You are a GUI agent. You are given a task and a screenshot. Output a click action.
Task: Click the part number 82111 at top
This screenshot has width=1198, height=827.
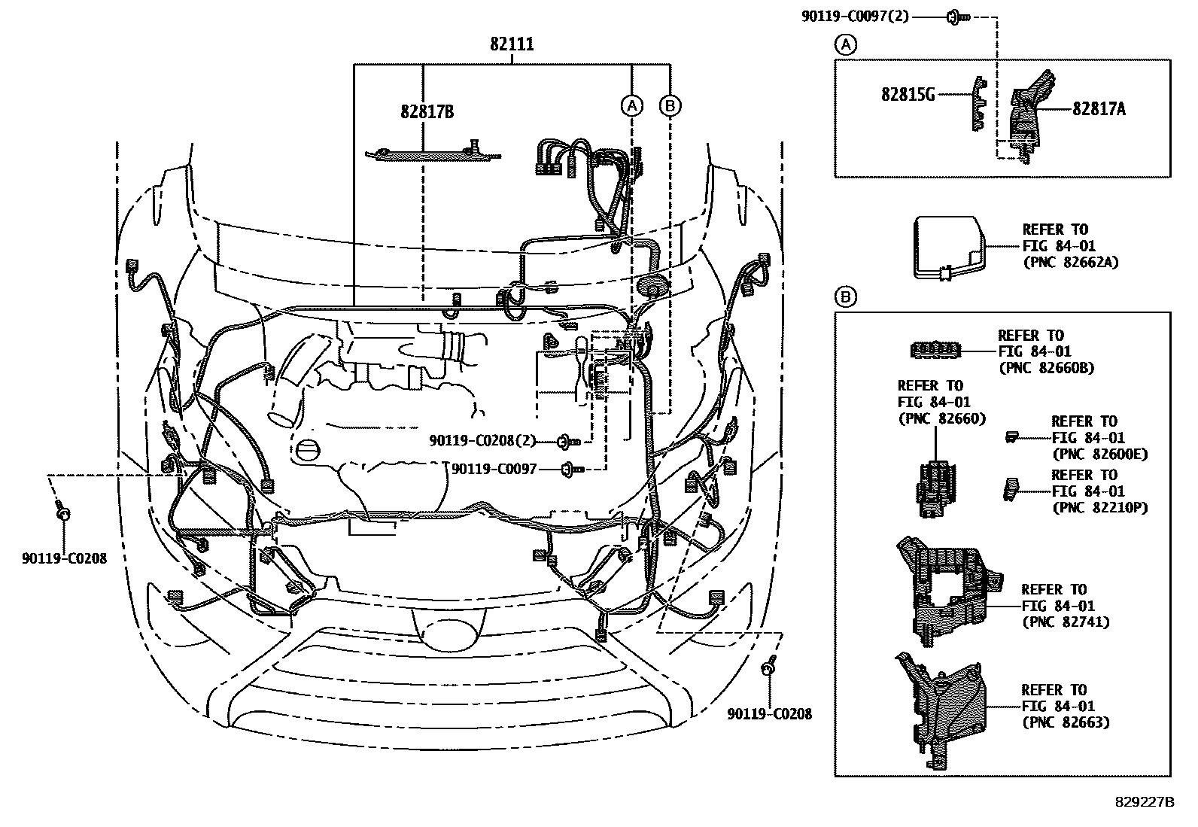(512, 44)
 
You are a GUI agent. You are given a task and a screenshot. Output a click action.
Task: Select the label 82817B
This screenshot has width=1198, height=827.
(427, 112)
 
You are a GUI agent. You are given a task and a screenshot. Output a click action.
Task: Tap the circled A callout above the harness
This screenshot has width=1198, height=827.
(632, 105)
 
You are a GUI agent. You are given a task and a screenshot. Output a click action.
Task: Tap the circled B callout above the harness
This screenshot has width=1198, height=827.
(670, 105)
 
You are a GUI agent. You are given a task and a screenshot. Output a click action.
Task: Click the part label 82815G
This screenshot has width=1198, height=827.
(908, 95)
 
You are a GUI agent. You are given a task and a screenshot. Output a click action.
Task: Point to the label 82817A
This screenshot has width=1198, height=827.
(1099, 109)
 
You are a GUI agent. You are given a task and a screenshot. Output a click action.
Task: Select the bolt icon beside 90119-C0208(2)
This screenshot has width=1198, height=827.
(568, 441)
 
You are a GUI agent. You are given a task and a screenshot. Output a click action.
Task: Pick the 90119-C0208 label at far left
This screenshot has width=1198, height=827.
(64, 558)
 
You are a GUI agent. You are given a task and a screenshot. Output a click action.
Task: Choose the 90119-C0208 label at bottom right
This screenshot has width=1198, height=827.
(769, 714)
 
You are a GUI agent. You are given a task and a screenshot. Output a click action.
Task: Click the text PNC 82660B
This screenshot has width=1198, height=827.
(1046, 368)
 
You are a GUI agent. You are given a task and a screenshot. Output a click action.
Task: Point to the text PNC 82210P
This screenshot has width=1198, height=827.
(1099, 508)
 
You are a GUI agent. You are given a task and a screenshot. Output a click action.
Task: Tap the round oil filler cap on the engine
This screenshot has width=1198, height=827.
(308, 451)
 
